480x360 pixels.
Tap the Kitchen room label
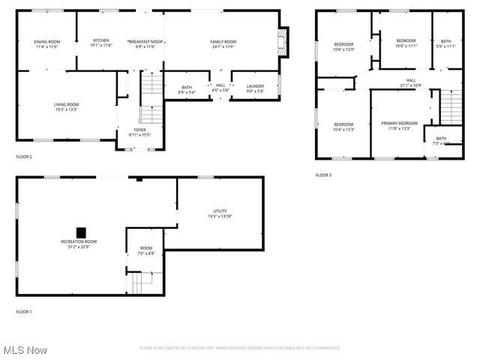pyautogui.click(x=101, y=42)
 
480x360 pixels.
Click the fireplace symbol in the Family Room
pyautogui.click(x=282, y=40)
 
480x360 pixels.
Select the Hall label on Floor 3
pyautogui.click(x=411, y=82)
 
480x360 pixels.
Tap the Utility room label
pyautogui.click(x=220, y=214)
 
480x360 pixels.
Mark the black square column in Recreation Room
pyautogui.click(x=81, y=231)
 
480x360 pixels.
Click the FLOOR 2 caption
pyautogui.click(x=24, y=157)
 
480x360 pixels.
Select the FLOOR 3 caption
pyautogui.click(x=323, y=175)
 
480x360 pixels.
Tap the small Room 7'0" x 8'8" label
pyautogui.click(x=145, y=250)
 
